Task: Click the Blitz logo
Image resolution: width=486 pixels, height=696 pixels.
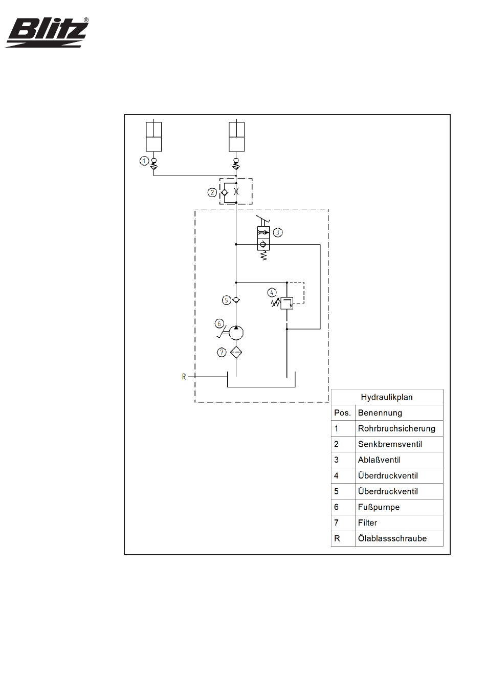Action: [x=47, y=33]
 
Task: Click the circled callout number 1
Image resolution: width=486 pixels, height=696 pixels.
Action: [x=144, y=161]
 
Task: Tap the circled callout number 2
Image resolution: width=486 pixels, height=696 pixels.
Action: [x=212, y=192]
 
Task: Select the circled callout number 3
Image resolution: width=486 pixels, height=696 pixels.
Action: [x=278, y=233]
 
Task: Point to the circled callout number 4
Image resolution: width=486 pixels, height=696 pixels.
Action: [x=272, y=293]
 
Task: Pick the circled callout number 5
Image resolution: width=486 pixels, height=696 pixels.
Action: [x=226, y=300]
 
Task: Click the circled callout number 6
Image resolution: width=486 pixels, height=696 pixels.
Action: [x=219, y=323]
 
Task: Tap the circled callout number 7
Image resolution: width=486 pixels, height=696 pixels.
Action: [x=222, y=352]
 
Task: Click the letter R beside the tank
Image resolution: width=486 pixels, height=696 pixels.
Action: [x=184, y=377]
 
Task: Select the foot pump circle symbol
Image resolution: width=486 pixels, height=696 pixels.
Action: [x=236, y=333]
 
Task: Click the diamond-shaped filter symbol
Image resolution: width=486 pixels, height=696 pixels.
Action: [x=236, y=352]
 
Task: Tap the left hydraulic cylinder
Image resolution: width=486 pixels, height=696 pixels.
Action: [x=154, y=137]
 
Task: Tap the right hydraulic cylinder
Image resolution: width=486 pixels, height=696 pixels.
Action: [x=236, y=137]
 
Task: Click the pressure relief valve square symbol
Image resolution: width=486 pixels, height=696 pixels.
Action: [x=287, y=303]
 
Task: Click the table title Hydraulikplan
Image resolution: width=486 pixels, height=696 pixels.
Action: [x=387, y=397]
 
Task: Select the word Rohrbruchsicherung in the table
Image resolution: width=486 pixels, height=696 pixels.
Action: [x=396, y=429]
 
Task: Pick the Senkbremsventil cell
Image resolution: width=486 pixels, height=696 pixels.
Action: [x=390, y=444]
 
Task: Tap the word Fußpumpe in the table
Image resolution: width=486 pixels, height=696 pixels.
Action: [x=379, y=507]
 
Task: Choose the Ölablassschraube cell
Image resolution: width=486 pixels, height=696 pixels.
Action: [x=392, y=538]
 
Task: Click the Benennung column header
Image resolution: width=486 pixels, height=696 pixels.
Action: [x=380, y=413]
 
